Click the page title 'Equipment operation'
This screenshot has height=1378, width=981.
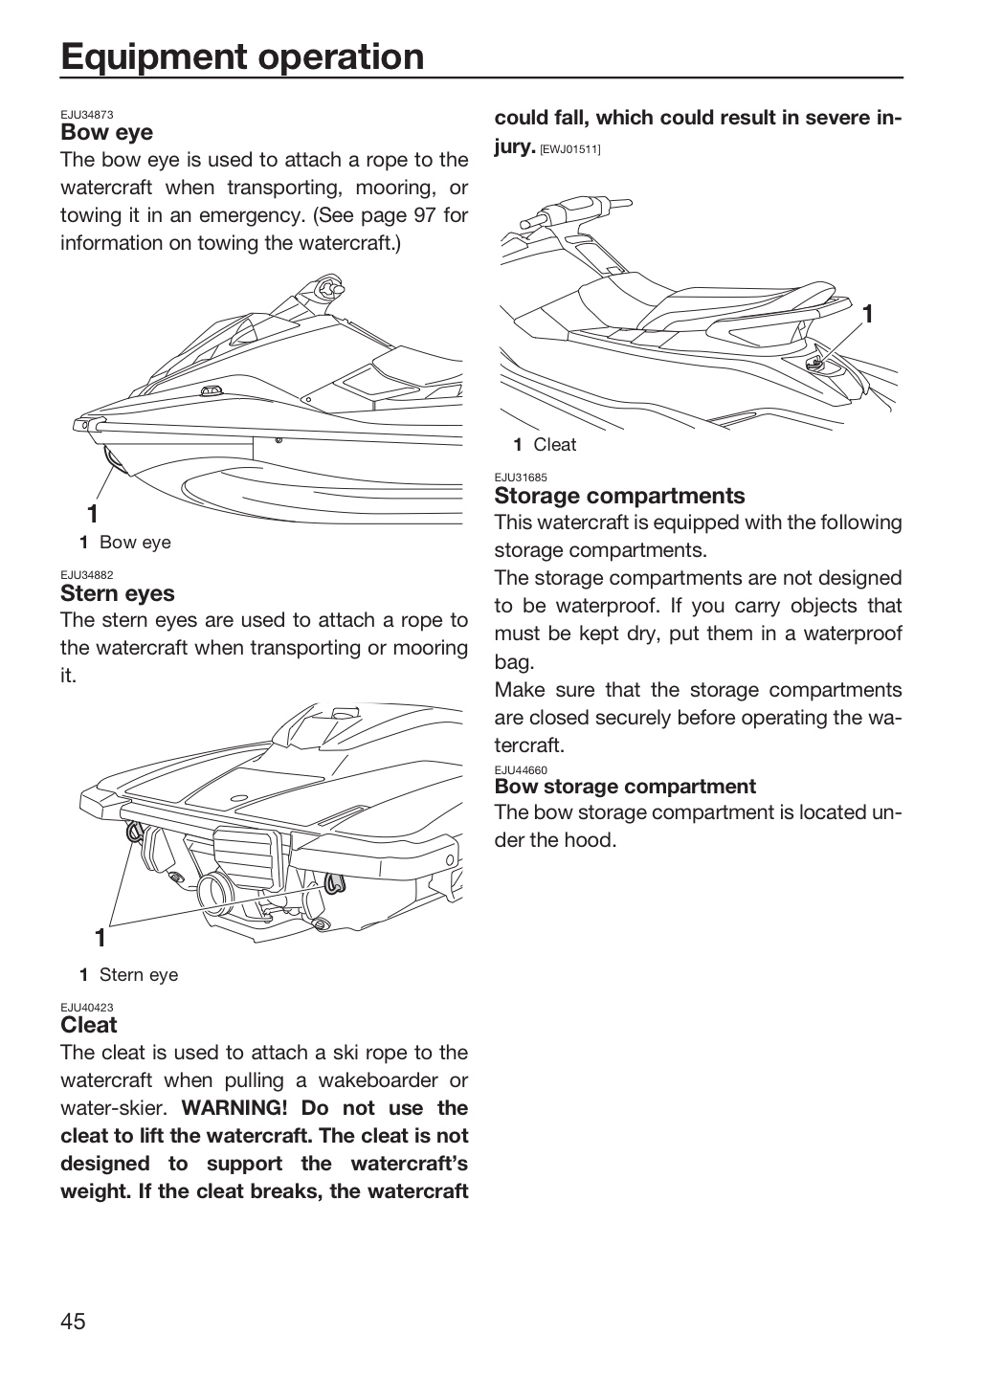click(242, 57)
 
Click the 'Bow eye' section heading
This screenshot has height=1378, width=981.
click(106, 132)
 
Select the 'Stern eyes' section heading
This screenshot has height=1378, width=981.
click(118, 593)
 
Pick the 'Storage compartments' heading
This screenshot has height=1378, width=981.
click(620, 496)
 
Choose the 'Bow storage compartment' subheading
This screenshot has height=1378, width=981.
click(625, 787)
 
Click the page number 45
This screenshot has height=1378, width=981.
click(74, 1321)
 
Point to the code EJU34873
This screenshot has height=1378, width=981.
click(87, 115)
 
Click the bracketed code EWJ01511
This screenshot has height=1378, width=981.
click(569, 149)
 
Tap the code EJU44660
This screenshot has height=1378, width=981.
click(521, 769)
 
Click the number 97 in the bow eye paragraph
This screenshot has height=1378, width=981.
click(425, 214)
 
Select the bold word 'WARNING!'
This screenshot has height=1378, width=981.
click(234, 1108)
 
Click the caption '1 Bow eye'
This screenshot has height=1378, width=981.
click(125, 542)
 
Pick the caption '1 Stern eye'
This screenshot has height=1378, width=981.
click(128, 974)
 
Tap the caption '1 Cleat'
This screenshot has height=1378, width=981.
click(545, 444)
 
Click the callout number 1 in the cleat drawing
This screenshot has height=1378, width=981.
click(868, 314)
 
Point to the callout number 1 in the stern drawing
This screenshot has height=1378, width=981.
click(100, 938)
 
